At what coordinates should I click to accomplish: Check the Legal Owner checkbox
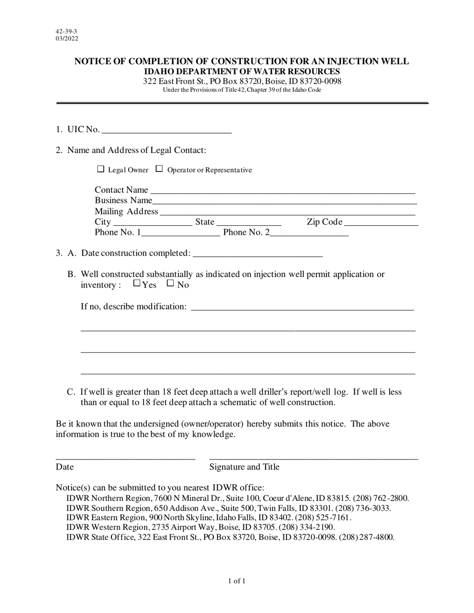tap(100, 169)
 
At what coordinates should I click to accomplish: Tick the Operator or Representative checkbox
tap(159, 169)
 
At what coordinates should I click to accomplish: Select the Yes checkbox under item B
tap(137, 284)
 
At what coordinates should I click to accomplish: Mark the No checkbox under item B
tap(171, 284)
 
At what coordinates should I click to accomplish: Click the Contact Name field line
tap(282, 190)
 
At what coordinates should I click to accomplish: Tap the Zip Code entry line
tap(381, 223)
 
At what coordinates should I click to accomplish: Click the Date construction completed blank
tap(257, 254)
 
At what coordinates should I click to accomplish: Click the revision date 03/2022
tap(67, 38)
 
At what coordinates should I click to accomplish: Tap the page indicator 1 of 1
tap(237, 581)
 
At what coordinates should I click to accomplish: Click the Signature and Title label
tap(244, 467)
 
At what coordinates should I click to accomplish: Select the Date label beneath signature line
tap(65, 467)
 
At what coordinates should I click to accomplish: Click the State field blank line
tap(249, 223)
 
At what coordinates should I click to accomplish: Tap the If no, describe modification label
tap(134, 306)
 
